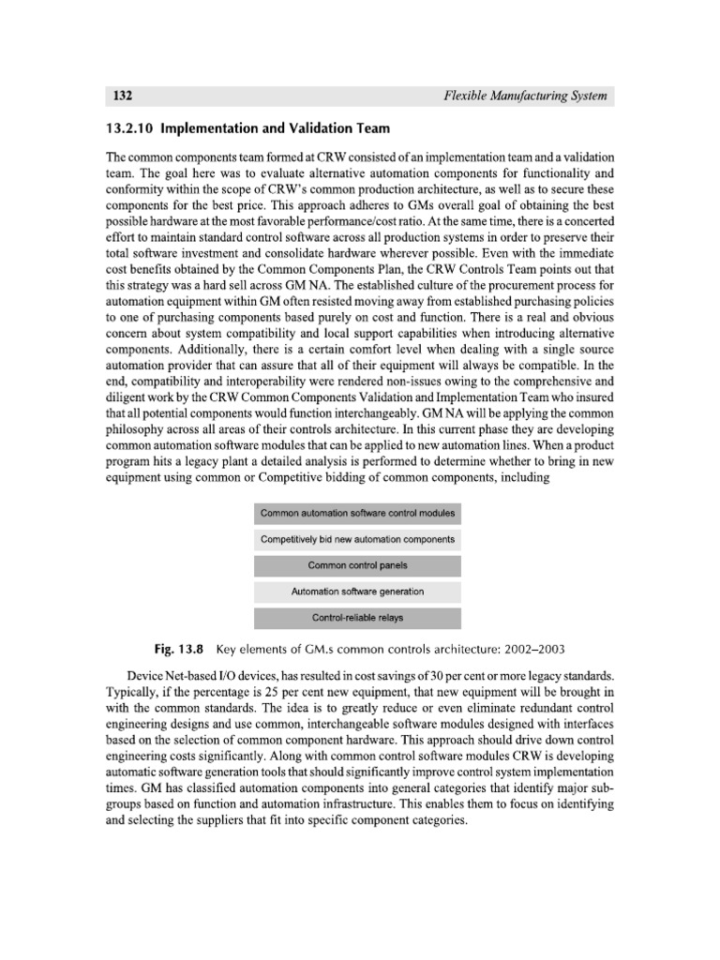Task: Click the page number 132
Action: pos(122,96)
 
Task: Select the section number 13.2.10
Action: pos(138,128)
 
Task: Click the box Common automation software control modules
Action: pos(357,514)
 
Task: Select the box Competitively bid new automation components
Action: pos(357,540)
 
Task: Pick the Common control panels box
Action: pos(357,566)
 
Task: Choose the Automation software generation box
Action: pos(357,592)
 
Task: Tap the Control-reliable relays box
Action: pos(357,618)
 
